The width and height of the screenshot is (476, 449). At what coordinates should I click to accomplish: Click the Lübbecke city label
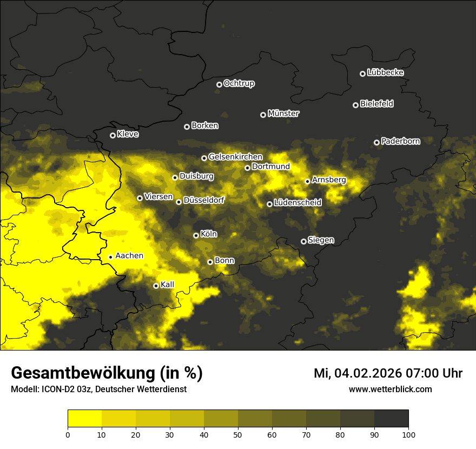point(385,72)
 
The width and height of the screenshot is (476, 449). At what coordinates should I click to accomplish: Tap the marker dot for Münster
point(263,115)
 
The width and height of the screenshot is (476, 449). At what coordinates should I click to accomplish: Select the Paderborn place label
point(400,141)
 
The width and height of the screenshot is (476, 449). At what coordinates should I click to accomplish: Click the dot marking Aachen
point(110,257)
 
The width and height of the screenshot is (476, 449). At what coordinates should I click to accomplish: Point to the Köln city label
point(209,234)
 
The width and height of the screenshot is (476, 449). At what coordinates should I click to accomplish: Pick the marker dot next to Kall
point(156,286)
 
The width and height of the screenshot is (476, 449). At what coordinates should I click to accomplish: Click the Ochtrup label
point(239,83)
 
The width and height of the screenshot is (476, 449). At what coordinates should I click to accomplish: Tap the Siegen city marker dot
point(303,241)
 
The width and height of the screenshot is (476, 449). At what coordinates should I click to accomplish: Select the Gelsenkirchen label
point(235,157)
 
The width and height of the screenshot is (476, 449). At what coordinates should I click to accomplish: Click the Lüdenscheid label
point(297,203)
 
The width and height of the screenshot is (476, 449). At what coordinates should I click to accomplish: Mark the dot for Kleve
point(113,135)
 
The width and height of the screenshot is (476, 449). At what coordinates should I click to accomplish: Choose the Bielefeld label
point(376,104)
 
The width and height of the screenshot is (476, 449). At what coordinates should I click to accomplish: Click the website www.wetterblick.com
point(390,389)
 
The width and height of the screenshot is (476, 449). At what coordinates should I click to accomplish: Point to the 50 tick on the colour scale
point(238,434)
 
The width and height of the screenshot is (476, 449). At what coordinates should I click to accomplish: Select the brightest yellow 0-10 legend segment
point(84,418)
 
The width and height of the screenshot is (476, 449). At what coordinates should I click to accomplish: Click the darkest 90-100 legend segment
point(391,418)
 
